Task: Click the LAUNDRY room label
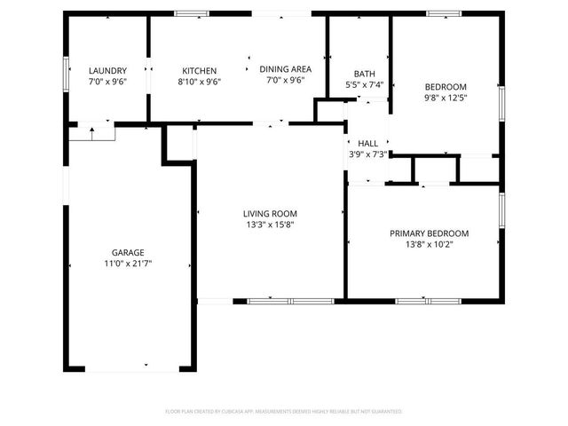coord(107,70)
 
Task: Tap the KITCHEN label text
coord(200,70)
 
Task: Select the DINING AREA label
coord(285,68)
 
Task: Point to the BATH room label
coord(364,74)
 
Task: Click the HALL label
coord(367,143)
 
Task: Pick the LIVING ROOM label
coord(270,213)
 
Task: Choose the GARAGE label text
coord(128,252)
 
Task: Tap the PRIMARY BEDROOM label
coord(429,233)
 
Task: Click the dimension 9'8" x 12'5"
coord(445,98)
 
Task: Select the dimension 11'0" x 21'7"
coord(128,264)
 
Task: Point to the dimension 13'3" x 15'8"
coord(270,225)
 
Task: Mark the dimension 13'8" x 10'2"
coord(429,245)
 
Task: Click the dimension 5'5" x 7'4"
coord(364,85)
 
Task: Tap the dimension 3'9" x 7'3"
coord(367,154)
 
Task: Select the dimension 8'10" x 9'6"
coord(200,82)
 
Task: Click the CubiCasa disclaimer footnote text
coord(284,412)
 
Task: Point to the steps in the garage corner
coord(93,133)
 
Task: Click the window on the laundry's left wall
coord(66,69)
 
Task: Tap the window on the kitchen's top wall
coord(188,13)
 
